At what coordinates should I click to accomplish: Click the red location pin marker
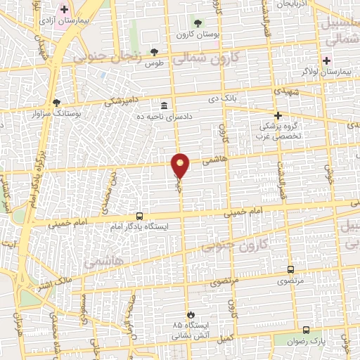181,165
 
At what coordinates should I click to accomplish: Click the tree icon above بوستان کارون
197,24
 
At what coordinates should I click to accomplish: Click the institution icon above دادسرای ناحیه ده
164,105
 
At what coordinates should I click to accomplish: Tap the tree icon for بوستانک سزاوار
56,102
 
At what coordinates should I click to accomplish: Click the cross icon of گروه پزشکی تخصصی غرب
278,115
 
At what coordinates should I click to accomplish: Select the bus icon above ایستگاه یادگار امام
139,217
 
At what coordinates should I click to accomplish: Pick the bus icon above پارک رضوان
305,330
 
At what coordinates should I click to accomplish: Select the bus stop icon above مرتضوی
291,269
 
